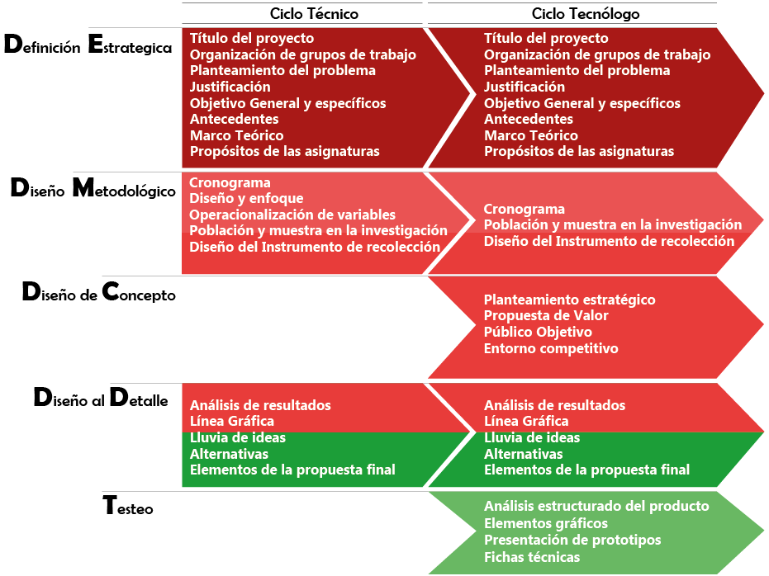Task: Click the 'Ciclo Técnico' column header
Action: [x=303, y=14]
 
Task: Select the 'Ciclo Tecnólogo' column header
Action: [x=586, y=14]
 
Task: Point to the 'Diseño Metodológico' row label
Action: [x=93, y=190]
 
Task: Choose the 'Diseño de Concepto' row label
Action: [x=98, y=293]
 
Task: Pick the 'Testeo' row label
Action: [x=128, y=507]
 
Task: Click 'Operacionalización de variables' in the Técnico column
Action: [x=292, y=215]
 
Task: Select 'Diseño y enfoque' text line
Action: [x=246, y=198]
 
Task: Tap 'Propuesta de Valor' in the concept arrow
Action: [x=546, y=315]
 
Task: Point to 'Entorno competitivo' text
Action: [x=551, y=348]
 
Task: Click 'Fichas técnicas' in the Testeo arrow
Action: [x=532, y=557]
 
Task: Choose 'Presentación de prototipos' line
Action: [x=572, y=540]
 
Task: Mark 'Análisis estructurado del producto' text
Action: [x=596, y=506]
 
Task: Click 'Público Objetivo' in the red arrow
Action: [x=538, y=332]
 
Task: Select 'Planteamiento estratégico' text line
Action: [x=569, y=299]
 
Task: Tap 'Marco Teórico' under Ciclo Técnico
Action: [x=236, y=135]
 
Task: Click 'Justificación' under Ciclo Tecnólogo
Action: [x=525, y=87]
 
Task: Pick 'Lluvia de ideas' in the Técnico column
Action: [x=238, y=437]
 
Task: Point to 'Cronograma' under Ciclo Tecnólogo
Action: [x=525, y=209]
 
